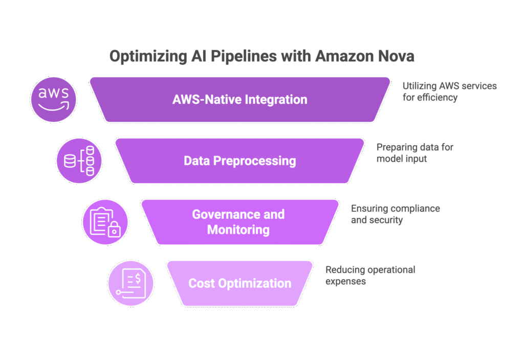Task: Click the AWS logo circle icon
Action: pyautogui.click(x=53, y=100)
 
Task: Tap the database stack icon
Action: pyautogui.click(x=79, y=161)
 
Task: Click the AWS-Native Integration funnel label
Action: pyautogui.click(x=240, y=99)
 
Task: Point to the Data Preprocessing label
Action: pyautogui.click(x=240, y=161)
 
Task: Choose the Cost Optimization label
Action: pyautogui.click(x=240, y=283)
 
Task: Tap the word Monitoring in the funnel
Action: pyautogui.click(x=238, y=230)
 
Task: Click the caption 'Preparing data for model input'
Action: pyautogui.click(x=415, y=153)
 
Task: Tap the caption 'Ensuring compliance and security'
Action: pyautogui.click(x=395, y=214)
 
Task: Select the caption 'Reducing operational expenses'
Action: pyautogui.click(x=370, y=275)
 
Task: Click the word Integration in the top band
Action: pyautogui.click(x=276, y=99)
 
